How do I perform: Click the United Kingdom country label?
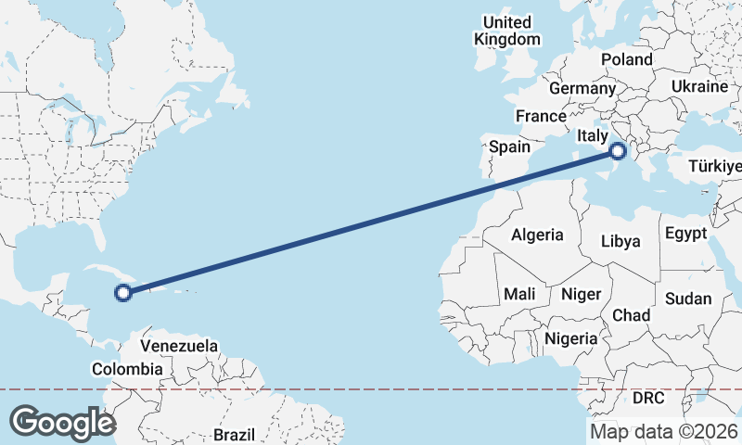pos(506,31)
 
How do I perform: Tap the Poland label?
pos(626,59)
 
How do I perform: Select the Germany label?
pos(582,89)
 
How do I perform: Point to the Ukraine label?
pos(699,86)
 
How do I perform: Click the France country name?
pos(541,117)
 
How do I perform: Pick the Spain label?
pos(509,146)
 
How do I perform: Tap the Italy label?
pos(592,136)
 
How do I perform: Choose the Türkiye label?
pos(715,167)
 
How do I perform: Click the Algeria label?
pos(538,235)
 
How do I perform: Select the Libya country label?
pos(620,241)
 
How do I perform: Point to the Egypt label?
pos(685,233)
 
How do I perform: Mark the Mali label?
pos(519,294)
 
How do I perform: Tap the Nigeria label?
pos(571,338)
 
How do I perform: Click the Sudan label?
pos(688,299)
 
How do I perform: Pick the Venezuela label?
pos(179,346)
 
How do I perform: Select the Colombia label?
pos(127,369)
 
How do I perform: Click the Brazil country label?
pos(234,434)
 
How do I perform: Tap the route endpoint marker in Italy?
pos(620,151)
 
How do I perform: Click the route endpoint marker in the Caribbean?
pos(122,293)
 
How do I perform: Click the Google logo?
pos(61,422)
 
